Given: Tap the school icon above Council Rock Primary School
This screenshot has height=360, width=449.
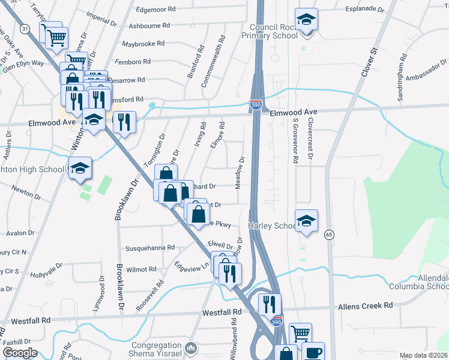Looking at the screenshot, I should [x=306, y=20].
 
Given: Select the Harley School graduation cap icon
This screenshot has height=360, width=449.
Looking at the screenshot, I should [x=306, y=221].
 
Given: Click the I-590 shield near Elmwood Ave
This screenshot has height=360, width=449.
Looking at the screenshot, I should [x=256, y=105].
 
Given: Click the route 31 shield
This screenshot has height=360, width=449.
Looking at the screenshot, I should [x=24, y=28].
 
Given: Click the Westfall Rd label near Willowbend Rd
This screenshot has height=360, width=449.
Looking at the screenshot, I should [x=221, y=313].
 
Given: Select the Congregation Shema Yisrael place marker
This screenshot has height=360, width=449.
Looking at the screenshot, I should [x=190, y=347].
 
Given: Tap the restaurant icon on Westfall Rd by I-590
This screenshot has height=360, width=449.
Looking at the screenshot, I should [x=270, y=304].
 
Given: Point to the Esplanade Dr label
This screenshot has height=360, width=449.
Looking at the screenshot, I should [x=365, y=10].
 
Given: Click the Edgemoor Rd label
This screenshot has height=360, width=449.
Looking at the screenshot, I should [x=155, y=10].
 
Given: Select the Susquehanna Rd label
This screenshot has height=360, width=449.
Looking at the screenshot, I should [x=149, y=247].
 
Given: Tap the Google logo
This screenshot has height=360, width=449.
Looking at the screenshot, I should [x=20, y=353].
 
